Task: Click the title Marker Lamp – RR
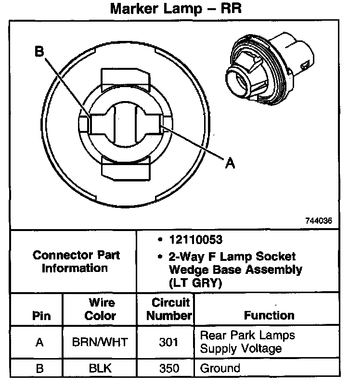[x=176, y=9]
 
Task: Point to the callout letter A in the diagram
[x=230, y=164]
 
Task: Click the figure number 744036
[x=318, y=221]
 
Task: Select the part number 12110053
[x=195, y=239]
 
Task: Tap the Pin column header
[x=40, y=317]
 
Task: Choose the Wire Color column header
[x=101, y=309]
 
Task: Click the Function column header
[x=269, y=316]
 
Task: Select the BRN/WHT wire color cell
[x=100, y=343]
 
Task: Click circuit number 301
[x=169, y=343]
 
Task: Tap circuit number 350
[x=169, y=369]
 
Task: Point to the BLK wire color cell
[x=100, y=369]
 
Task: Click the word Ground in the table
[x=220, y=369]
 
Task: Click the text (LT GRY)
[x=195, y=283]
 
